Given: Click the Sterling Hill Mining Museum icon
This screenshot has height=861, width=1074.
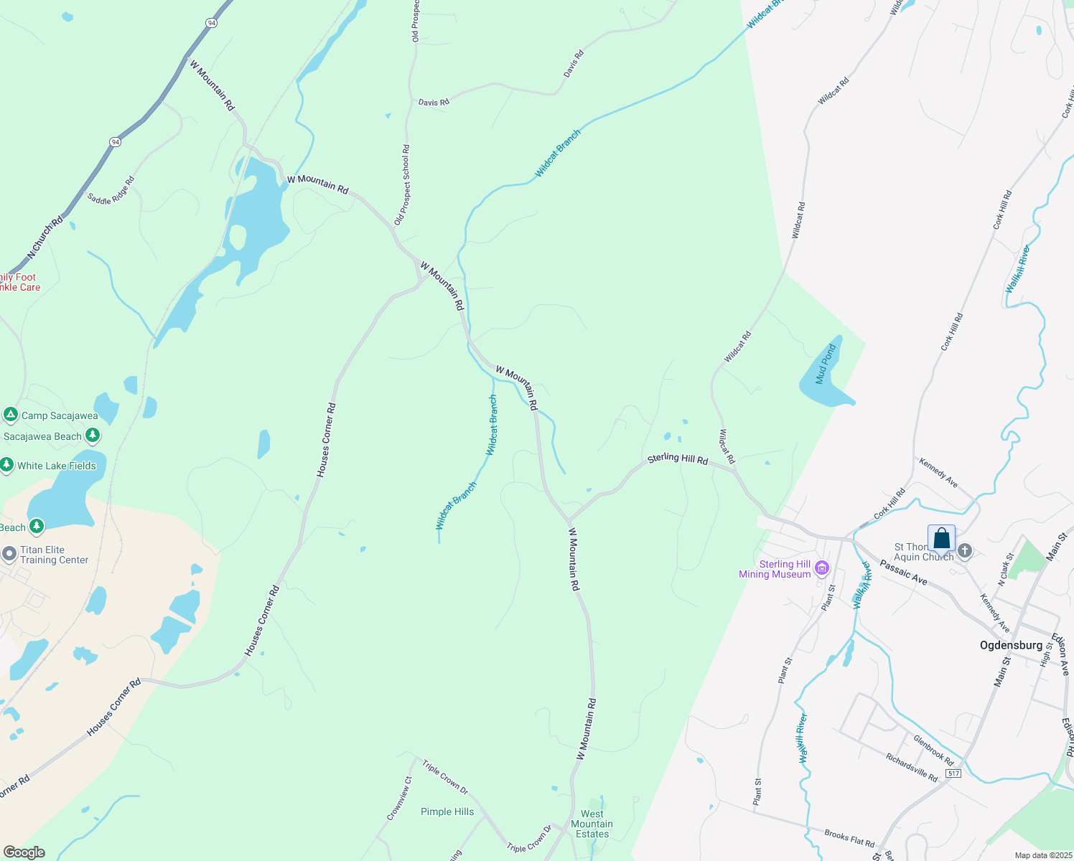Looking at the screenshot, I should [x=822, y=570].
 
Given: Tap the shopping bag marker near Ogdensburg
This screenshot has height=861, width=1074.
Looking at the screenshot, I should [x=941, y=539].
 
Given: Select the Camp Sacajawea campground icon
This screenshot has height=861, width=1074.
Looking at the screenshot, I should [x=10, y=415].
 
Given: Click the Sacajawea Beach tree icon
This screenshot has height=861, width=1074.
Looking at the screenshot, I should [x=92, y=436].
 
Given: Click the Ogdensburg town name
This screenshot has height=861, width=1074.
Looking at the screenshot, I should [x=1011, y=645].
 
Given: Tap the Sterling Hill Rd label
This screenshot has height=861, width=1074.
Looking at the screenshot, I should [x=678, y=458].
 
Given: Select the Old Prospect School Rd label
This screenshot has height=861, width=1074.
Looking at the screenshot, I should [x=403, y=185].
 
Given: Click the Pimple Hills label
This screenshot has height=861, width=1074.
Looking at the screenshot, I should [x=447, y=811].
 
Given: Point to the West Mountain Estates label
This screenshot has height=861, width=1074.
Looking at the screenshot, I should [x=592, y=824].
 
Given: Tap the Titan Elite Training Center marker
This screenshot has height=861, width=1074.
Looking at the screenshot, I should [x=9, y=554].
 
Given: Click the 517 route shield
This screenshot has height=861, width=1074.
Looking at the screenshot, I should [x=953, y=773].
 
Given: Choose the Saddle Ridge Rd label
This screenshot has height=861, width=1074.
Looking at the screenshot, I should [x=111, y=191].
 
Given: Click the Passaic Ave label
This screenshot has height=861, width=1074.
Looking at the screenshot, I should [x=904, y=573].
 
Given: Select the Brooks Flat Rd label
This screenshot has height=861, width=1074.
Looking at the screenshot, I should [x=849, y=838].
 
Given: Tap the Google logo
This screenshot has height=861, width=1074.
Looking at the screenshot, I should [x=24, y=852].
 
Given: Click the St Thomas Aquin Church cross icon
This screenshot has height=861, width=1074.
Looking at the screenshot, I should [x=965, y=550].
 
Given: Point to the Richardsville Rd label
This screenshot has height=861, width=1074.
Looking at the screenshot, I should [x=911, y=768].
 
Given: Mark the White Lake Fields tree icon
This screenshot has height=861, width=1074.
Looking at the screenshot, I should [x=6, y=466].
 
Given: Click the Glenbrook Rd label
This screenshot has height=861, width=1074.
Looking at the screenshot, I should [x=933, y=750].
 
